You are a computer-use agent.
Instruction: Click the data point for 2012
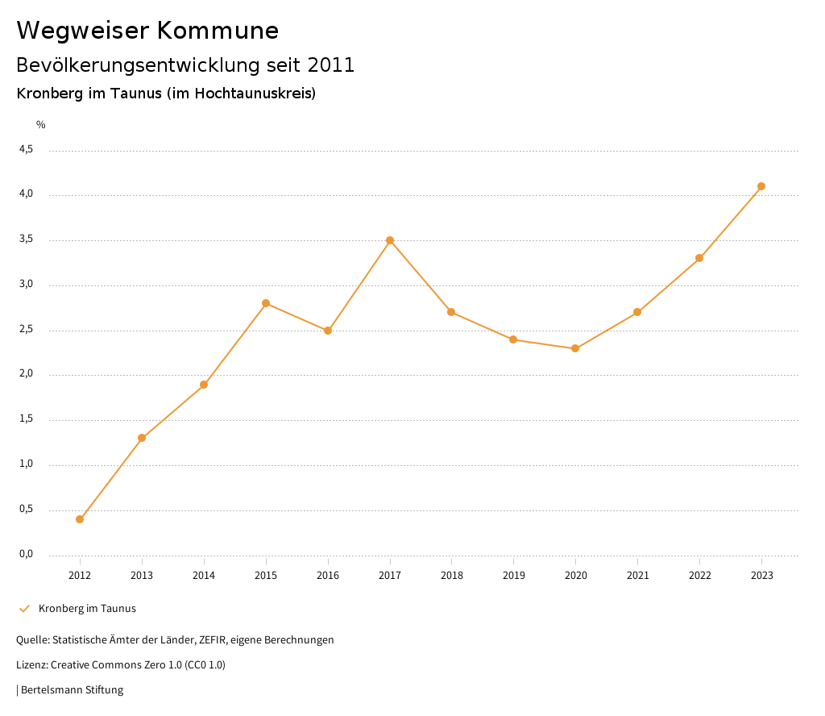tap(80, 519)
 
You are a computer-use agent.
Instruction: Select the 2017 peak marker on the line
tap(390, 240)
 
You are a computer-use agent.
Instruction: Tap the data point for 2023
tap(761, 186)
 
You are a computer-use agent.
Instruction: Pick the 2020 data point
tap(575, 348)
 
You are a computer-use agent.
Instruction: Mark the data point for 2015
tap(266, 303)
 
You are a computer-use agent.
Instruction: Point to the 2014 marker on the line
tap(204, 385)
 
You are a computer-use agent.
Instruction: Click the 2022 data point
tap(699, 258)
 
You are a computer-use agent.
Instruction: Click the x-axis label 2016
tap(328, 576)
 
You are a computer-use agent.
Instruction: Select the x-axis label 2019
tap(513, 576)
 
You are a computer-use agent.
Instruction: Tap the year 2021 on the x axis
tap(637, 576)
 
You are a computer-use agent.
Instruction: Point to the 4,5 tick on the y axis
tap(26, 150)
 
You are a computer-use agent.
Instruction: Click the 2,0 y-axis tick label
tap(26, 374)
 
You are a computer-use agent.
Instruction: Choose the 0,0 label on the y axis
tap(26, 554)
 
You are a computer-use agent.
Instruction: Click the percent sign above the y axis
tap(41, 125)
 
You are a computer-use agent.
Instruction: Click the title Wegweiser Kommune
tap(147, 31)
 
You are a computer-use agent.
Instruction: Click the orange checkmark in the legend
tap(24, 609)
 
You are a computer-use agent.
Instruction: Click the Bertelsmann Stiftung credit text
tap(72, 690)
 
